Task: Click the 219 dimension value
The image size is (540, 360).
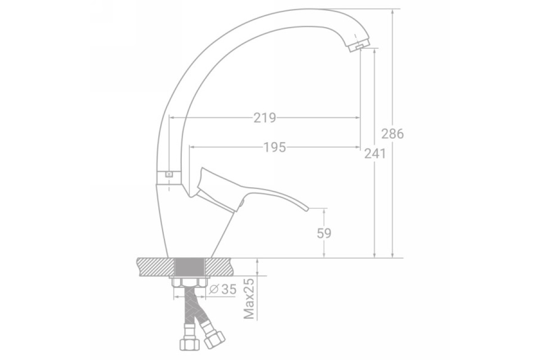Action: (265, 118)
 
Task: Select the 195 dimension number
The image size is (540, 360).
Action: (275, 147)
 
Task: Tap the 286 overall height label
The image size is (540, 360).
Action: (392, 134)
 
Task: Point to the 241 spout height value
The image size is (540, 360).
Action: (375, 153)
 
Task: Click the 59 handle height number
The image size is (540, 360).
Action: (324, 233)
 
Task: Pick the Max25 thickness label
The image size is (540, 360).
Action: (249, 299)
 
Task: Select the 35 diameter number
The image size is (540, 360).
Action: (229, 289)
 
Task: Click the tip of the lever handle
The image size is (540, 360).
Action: (306, 209)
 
